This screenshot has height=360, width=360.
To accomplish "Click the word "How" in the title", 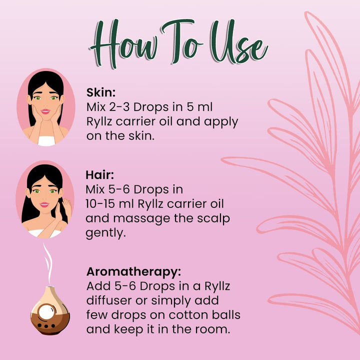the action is click(124, 43).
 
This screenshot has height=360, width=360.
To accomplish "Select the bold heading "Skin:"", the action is click(101, 92).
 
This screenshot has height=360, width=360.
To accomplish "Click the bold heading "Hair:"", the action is click(99, 175).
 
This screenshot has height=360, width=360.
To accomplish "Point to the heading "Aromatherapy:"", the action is click(134, 272).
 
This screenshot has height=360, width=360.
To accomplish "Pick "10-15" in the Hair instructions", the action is click(100, 204).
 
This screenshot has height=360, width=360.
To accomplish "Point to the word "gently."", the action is click(105, 233).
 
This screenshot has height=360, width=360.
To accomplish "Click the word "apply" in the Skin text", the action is click(221, 122).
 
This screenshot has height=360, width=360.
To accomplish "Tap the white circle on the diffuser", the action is click(46, 312).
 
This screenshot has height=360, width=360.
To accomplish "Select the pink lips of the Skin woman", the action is click(45, 111).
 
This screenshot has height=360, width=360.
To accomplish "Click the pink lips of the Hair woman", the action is click(44, 204).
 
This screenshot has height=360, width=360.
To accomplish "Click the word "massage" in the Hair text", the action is click(141, 219).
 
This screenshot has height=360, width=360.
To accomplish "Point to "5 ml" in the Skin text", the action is click(199, 107).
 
